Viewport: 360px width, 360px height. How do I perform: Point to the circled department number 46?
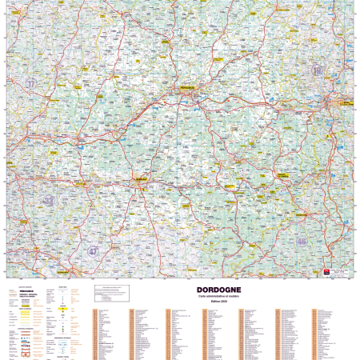click(301, 241)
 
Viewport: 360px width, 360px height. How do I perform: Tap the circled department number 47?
click(94, 251)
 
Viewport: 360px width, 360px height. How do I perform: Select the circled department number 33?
click(49, 201)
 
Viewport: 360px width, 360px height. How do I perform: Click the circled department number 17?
click(30, 83)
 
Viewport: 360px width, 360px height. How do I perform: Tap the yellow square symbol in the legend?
click(62, 307)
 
